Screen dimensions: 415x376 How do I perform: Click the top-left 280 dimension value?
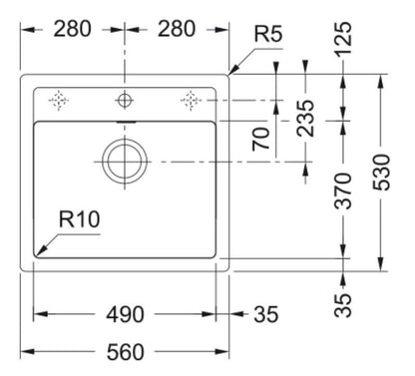[x=72, y=29]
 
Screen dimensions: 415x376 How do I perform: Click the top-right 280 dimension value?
[x=177, y=29]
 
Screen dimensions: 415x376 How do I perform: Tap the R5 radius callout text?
[x=268, y=34]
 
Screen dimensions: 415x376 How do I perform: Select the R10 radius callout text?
[x=79, y=219]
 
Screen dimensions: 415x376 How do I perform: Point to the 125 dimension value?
[x=342, y=39]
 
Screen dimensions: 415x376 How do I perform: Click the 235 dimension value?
[x=305, y=119]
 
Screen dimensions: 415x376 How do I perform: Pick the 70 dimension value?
[x=260, y=139]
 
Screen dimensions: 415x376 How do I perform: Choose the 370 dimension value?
[x=342, y=190]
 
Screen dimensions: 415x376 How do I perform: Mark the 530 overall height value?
[x=381, y=173]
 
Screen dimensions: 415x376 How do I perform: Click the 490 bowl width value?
[x=125, y=314]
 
